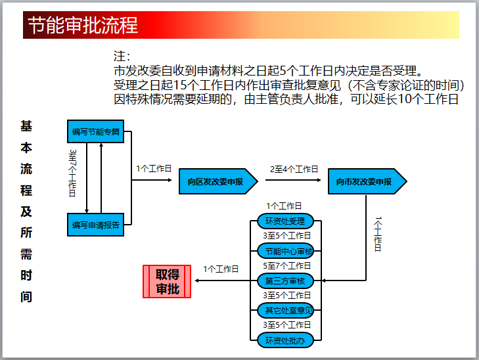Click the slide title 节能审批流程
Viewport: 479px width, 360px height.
[83, 26]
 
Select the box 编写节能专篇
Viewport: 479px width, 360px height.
[96, 131]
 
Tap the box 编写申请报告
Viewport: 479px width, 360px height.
[96, 225]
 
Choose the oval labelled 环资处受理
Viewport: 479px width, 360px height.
[285, 221]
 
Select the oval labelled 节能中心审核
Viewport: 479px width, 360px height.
[285, 251]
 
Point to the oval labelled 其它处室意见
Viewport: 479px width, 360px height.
[285, 310]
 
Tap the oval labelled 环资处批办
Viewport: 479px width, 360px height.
[285, 340]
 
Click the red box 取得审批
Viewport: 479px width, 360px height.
[167, 281]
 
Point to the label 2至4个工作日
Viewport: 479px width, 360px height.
[294, 169]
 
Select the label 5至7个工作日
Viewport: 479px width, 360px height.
[287, 266]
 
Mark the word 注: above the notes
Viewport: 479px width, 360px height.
[122, 56]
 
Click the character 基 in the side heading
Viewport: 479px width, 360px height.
[26, 126]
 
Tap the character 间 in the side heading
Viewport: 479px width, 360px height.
[26, 296]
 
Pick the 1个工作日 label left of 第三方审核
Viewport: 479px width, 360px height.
[221, 269]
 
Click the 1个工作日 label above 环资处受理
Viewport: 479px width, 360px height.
[284, 206]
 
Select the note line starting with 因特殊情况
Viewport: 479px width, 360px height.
[286, 99]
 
